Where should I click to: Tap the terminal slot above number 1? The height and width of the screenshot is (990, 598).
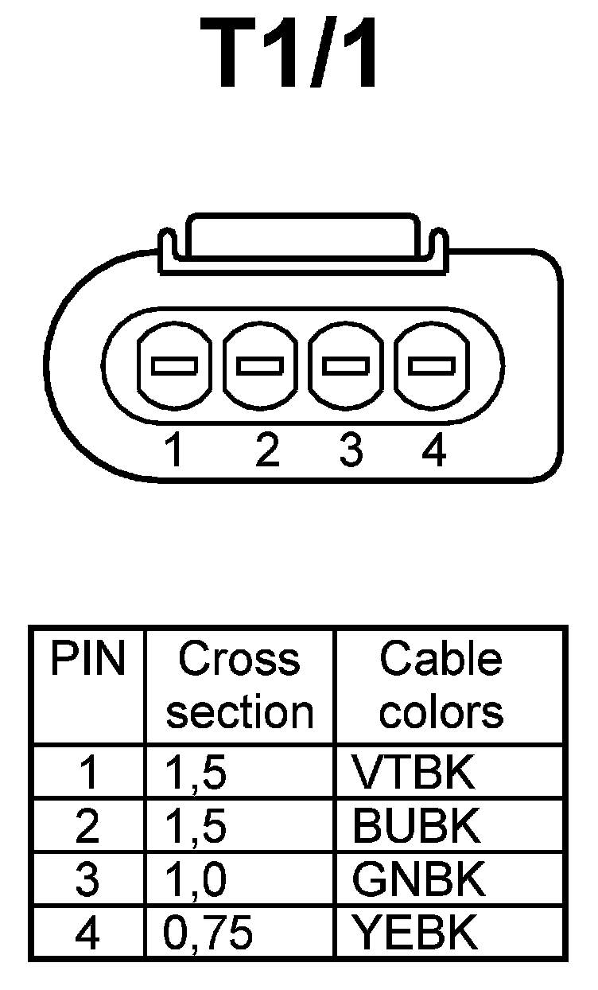174,366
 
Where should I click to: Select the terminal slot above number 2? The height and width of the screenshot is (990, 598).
260,366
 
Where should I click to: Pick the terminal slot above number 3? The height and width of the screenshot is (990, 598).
346,366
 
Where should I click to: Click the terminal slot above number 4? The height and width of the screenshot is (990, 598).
432,366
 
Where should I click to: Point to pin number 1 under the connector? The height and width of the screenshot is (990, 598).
174,451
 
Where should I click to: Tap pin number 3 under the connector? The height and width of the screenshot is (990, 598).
350,451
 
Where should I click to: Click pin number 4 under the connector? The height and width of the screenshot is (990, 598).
433,451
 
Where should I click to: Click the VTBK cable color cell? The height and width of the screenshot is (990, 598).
414,772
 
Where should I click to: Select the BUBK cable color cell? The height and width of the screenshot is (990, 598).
417,826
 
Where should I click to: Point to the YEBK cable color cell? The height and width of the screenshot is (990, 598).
415,933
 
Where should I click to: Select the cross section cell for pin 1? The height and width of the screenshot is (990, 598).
196,773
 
